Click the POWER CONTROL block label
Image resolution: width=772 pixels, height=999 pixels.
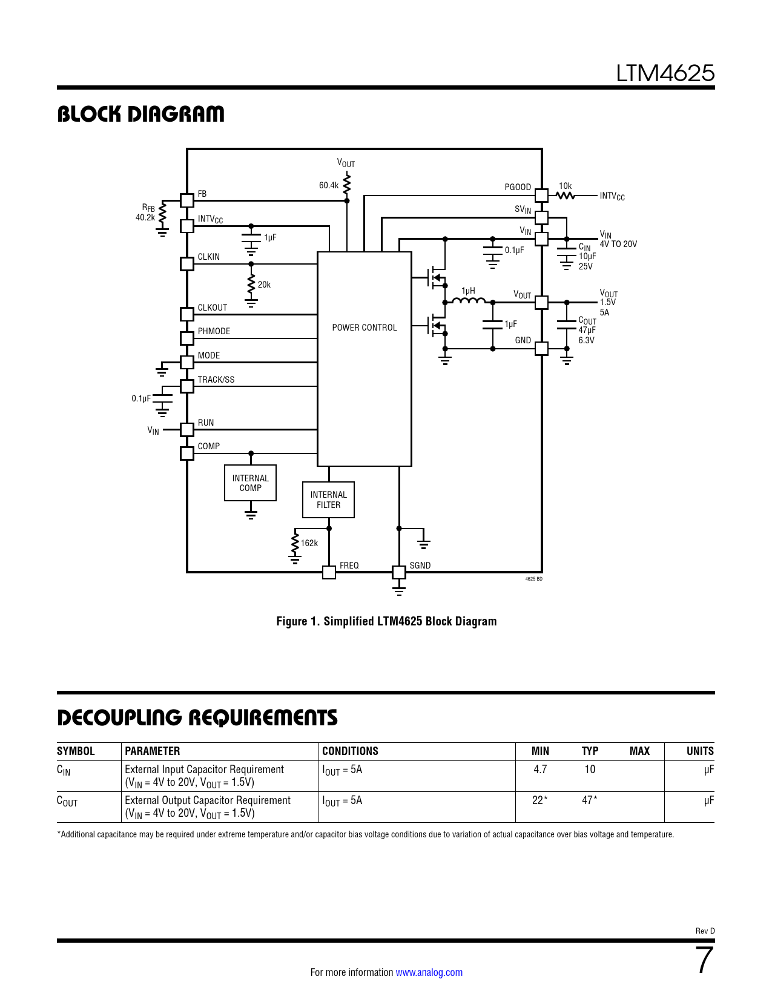click(364, 328)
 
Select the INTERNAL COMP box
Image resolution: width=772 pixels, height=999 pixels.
click(250, 483)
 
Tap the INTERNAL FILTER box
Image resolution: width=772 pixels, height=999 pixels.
click(328, 499)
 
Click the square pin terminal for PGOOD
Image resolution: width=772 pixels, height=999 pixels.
click(541, 195)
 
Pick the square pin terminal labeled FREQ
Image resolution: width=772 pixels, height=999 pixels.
click(329, 572)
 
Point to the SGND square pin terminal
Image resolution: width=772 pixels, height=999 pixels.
click(399, 572)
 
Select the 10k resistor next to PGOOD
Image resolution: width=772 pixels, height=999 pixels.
click(565, 195)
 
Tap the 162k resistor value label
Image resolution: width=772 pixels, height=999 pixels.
click(309, 543)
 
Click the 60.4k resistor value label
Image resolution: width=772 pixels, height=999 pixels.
click(329, 185)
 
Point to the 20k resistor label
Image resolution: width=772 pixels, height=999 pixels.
click(264, 285)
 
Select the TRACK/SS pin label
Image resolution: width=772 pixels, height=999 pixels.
click(216, 380)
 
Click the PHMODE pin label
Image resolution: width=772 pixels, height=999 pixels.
click(214, 331)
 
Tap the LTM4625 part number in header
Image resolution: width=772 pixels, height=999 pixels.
click(665, 73)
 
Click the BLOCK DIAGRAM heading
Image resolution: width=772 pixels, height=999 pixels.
click(140, 114)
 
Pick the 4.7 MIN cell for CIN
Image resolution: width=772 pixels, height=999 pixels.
click(540, 770)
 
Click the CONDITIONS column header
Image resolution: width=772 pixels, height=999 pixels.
click(350, 751)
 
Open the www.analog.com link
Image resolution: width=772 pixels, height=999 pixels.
click(429, 972)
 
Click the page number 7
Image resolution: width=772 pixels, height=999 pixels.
click(704, 960)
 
